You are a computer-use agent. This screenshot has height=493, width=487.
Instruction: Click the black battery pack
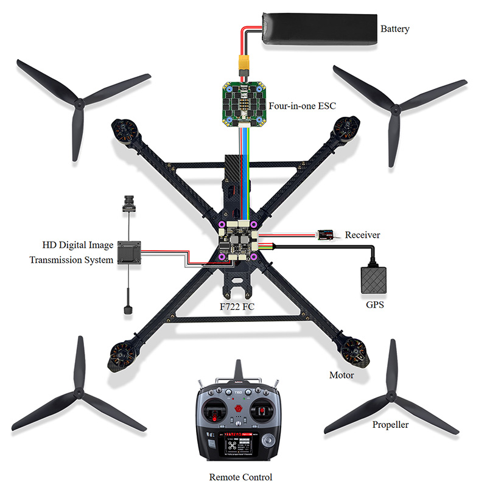coord(317,29)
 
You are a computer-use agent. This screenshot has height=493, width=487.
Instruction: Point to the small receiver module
coord(327,234)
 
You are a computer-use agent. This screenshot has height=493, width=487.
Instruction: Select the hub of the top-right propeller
coord(396,110)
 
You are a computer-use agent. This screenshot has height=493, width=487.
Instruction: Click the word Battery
coord(394,29)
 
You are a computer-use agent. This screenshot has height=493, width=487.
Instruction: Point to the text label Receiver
coord(362,235)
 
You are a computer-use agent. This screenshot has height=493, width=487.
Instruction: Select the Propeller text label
coord(390,424)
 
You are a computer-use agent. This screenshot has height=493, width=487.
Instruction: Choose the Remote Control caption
coord(240,477)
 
